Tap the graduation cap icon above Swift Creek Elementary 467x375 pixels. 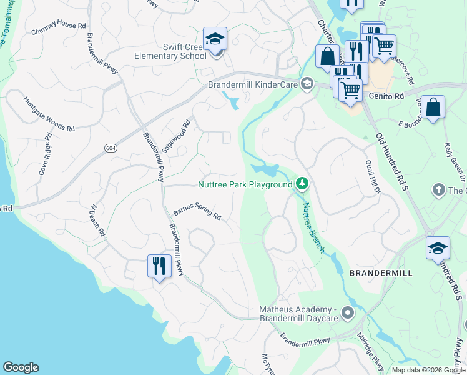pyautogui.click(x=215, y=39)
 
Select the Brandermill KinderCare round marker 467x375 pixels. pyautogui.click(x=307, y=84)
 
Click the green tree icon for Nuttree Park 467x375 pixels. pyautogui.click(x=302, y=183)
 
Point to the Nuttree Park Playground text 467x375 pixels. pyautogui.click(x=245, y=184)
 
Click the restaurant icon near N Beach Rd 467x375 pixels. pyautogui.click(x=159, y=266)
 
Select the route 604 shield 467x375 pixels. pyautogui.click(x=109, y=146)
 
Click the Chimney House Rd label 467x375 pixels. pyautogui.click(x=57, y=26)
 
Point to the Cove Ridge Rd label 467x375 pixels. pyautogui.click(x=44, y=154)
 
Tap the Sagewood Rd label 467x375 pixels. pyautogui.click(x=175, y=136)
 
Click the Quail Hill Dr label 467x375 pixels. pyautogui.click(x=373, y=178)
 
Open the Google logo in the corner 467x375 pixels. pyautogui.click(x=21, y=367)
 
